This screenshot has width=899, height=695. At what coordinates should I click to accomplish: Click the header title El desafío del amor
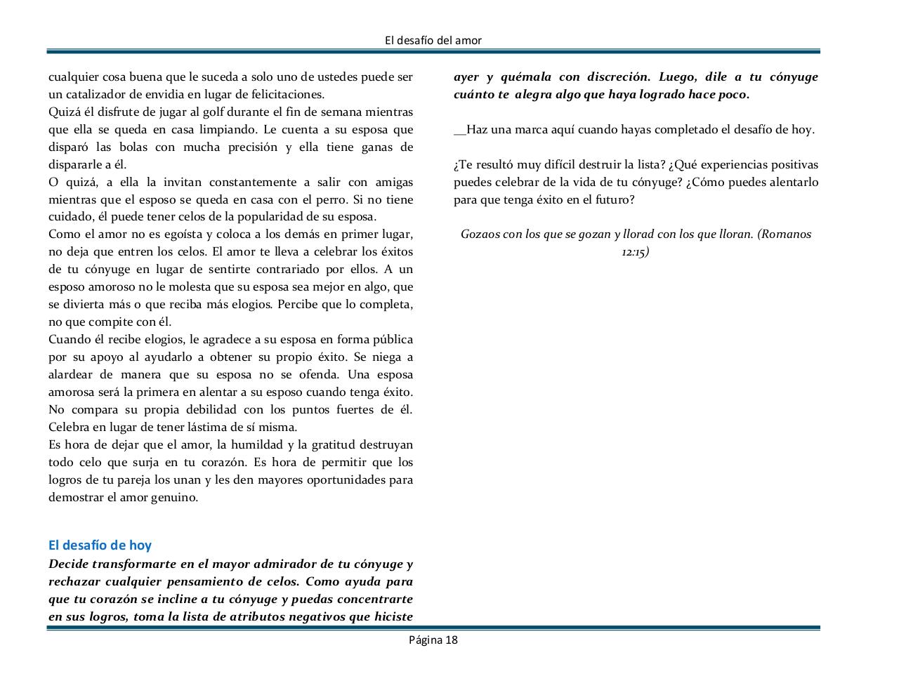(433, 41)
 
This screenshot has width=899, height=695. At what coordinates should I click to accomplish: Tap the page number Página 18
(433, 640)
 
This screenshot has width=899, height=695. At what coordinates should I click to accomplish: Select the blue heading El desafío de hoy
(100, 545)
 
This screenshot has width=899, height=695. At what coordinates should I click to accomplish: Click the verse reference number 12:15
(635, 252)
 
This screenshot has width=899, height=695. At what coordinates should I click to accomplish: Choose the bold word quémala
(527, 77)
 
